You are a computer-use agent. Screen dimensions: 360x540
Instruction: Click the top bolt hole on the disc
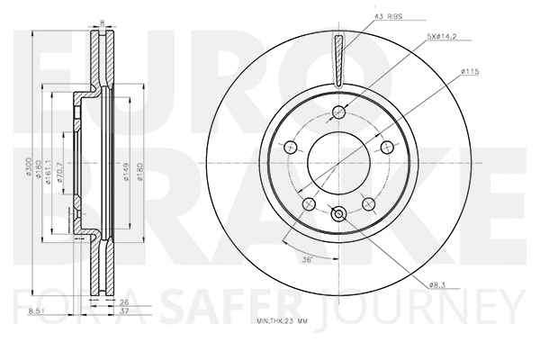click(339, 112)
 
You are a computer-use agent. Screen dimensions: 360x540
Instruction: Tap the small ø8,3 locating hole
click(339, 213)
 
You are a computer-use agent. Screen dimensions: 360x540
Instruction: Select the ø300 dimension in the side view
click(31, 171)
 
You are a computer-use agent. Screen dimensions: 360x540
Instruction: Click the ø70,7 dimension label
click(61, 171)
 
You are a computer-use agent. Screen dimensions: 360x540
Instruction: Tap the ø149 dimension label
click(127, 171)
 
